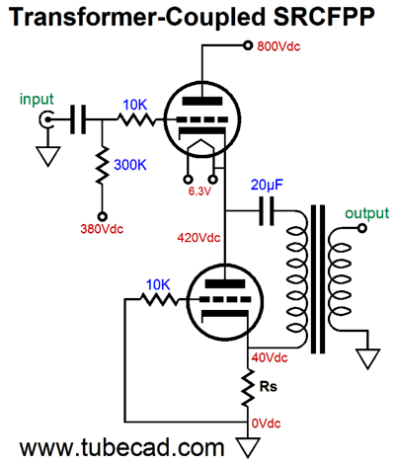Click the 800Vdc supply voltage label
pos(278,46)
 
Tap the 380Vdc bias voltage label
pos(102,229)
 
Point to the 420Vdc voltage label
pos(198,237)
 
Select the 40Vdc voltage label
pos(270,357)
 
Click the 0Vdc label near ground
pos(266,424)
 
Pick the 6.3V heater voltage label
pos(199,192)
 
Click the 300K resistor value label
pos(130,165)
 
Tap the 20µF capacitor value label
pos(267,186)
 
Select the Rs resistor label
pos(269,386)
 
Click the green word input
pos(37,100)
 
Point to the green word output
pos(366,213)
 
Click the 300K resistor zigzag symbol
pos(102,165)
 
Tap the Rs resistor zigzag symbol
pos(248,387)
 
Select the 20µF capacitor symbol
pos(267,211)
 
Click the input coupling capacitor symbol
pos(78,119)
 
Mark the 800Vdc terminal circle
pos(248,45)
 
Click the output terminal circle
pos(362,228)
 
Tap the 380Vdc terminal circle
pos(103,216)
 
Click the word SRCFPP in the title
pos(324,17)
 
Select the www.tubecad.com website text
pos(121,447)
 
